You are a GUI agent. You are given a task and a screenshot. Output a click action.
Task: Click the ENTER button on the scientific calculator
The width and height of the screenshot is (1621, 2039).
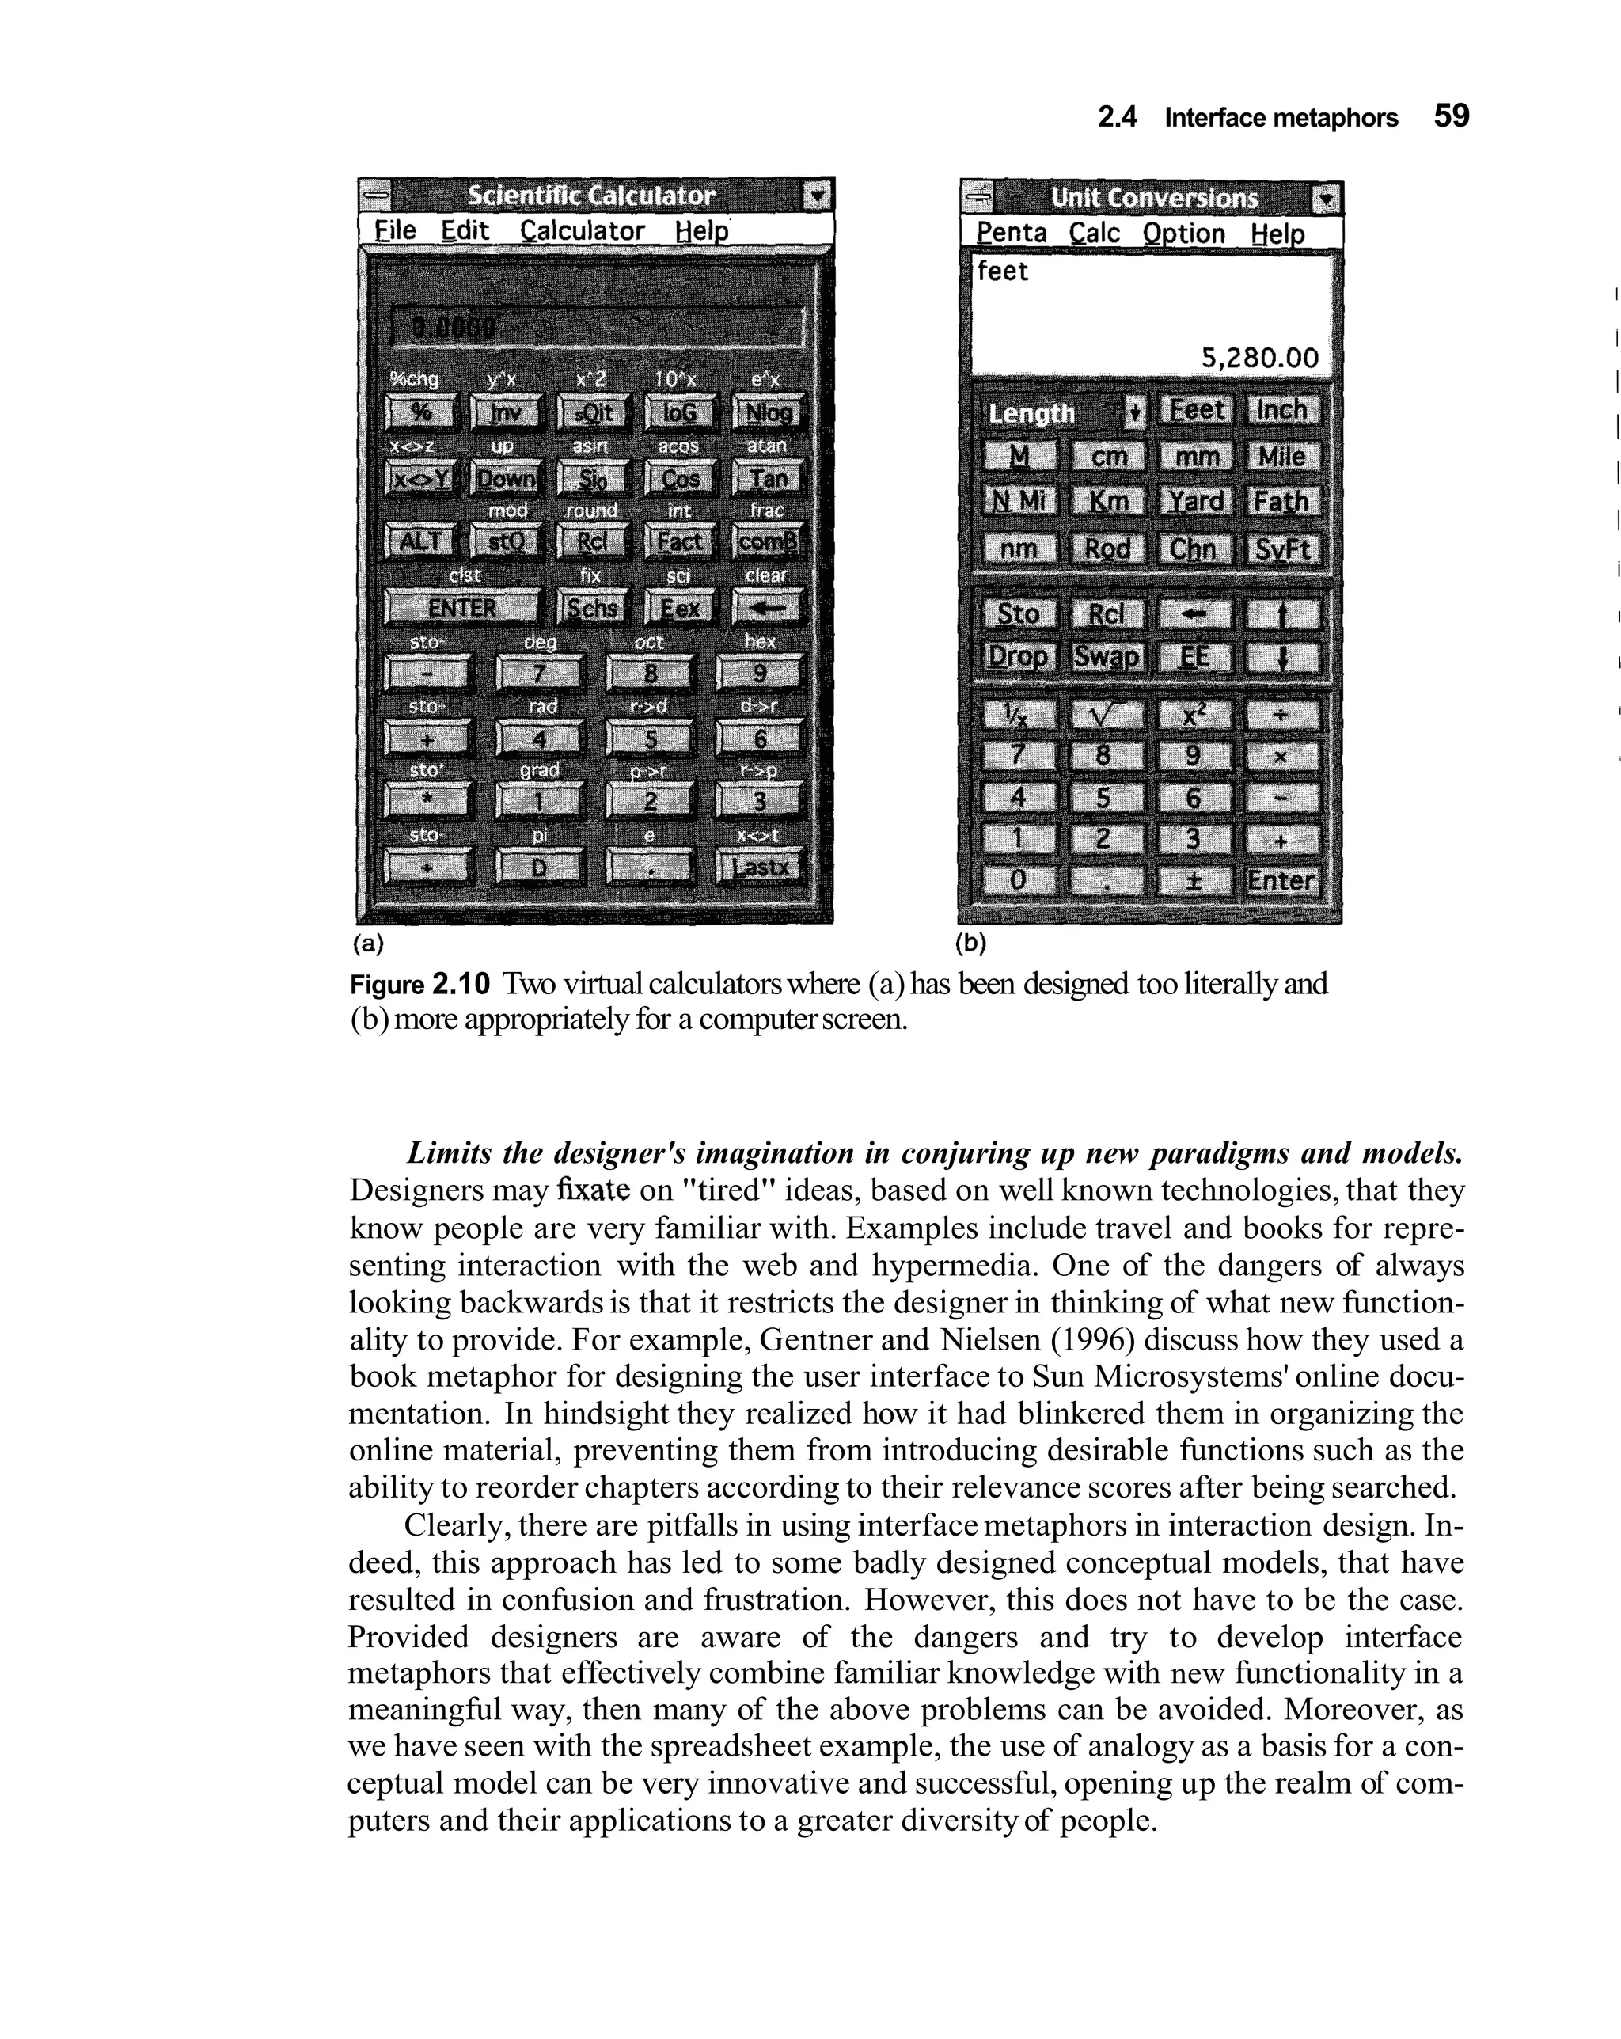[x=462, y=607]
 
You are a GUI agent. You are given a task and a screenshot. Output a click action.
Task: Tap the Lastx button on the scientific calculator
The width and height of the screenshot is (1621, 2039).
[x=758, y=866]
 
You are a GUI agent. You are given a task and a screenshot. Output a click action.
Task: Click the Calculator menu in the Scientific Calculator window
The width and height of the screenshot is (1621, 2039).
[x=582, y=231]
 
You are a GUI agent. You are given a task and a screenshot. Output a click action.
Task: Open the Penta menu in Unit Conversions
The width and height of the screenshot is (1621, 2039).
[x=1010, y=233]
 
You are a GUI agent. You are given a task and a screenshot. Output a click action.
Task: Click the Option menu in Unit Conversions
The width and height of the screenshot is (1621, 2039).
[x=1183, y=233]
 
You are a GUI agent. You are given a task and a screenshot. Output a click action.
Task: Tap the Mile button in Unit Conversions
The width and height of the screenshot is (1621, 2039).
[x=1281, y=457]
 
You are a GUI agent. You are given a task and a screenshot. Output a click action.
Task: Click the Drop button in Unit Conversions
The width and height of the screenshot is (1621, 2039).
[x=1018, y=656]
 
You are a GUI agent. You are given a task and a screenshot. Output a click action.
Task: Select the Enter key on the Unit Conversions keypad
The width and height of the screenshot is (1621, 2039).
[x=1281, y=880]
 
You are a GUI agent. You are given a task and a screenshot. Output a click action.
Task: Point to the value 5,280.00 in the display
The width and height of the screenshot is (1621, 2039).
[x=1258, y=358]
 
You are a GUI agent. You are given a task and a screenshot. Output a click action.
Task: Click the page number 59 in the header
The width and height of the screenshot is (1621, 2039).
[x=1451, y=116]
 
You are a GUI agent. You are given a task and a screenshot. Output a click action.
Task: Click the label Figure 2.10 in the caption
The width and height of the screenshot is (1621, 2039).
[x=420, y=985]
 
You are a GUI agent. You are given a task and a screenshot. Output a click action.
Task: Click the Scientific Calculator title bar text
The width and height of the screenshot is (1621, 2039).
[x=592, y=196]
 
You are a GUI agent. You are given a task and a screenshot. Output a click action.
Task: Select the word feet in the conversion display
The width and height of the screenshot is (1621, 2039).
[x=1003, y=271]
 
